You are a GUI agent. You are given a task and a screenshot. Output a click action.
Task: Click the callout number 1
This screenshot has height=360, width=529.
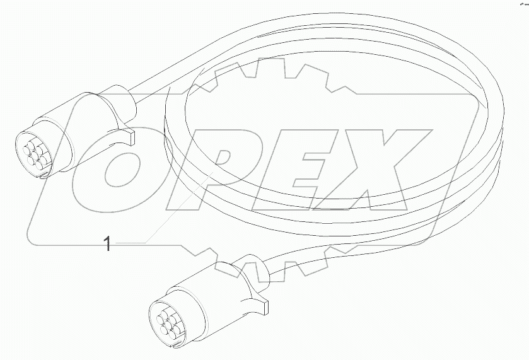pyautogui.click(x=107, y=243)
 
